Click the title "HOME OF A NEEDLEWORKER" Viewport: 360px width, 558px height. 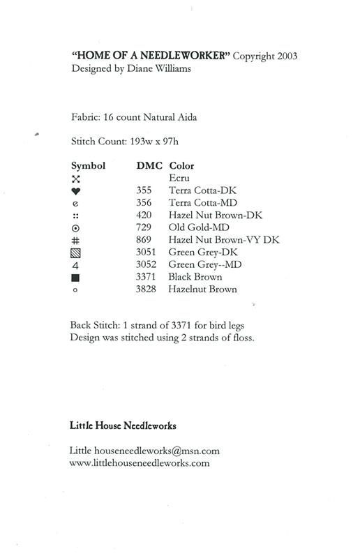click(151, 55)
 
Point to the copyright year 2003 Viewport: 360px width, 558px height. click(292, 55)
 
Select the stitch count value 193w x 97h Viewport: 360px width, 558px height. click(155, 141)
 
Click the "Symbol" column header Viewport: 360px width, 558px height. click(88, 166)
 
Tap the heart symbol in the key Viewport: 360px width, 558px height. click(75, 190)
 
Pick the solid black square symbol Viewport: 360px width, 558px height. click(75, 278)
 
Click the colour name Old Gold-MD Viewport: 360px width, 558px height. click(198, 227)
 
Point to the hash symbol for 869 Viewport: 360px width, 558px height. click(75, 240)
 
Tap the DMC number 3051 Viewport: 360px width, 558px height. click(148, 252)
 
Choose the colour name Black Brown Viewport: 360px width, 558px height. click(197, 277)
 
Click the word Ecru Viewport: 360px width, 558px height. click(179, 178)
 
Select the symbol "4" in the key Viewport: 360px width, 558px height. click(75, 265)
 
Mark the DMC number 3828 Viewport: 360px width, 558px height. click(148, 289)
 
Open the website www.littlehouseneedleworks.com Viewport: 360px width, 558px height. click(140, 462)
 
